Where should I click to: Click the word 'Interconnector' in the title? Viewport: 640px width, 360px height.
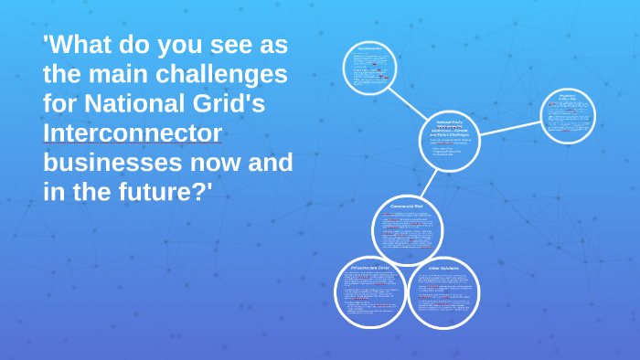coord(133,133)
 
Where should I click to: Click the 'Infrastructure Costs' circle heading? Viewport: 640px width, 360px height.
coord(369,267)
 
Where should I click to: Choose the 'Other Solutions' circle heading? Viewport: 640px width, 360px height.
coord(443,268)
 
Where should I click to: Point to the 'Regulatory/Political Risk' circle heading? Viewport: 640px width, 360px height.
coord(568,98)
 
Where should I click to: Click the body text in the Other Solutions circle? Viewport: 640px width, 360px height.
coord(443,297)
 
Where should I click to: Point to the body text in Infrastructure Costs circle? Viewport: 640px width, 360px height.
coord(369,294)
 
